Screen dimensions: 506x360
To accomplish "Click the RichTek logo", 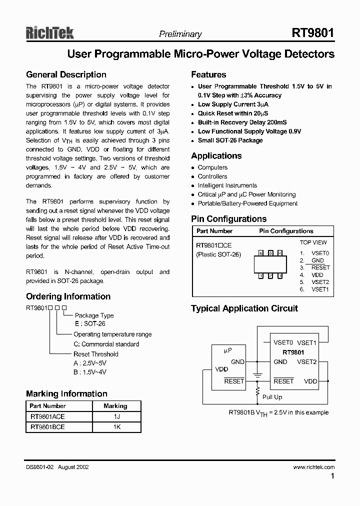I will (x=49, y=33).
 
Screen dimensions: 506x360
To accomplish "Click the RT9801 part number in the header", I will (x=313, y=33).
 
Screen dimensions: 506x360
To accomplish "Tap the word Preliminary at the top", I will (x=180, y=34).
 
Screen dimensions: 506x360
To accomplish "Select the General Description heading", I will (x=66, y=75).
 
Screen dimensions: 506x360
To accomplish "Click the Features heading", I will (x=208, y=75).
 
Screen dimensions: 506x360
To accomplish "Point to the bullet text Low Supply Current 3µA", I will (x=233, y=104).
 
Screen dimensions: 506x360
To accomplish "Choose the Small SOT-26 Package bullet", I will (x=230, y=140).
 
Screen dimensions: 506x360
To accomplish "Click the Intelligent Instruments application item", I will (x=227, y=185).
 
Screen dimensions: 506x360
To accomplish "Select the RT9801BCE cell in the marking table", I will (x=47, y=427).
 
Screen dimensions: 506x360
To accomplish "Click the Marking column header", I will (x=115, y=406).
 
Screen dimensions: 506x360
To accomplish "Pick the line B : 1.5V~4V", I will (x=90, y=372).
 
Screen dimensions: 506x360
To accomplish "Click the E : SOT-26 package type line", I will (x=89, y=324).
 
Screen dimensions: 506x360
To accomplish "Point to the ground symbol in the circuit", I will (x=258, y=374).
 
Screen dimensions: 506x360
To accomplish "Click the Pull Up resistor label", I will (x=272, y=397).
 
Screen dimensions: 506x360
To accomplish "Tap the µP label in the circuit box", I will (x=227, y=351).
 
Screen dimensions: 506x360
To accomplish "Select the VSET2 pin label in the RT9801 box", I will (x=306, y=362).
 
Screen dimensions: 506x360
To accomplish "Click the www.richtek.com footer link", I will (x=313, y=467).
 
